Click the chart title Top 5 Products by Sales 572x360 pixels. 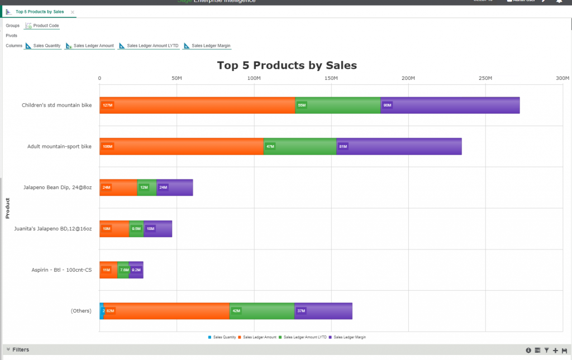(287, 65)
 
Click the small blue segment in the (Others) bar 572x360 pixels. (102, 311)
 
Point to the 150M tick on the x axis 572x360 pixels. (331, 78)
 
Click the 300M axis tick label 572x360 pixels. (562, 78)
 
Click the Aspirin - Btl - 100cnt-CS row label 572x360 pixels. (61, 270)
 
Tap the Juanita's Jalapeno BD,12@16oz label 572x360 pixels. (53, 229)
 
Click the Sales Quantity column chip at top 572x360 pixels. (43, 46)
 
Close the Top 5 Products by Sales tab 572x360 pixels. (73, 12)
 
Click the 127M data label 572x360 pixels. (107, 105)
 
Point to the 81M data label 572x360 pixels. (343, 146)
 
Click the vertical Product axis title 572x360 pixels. (7, 208)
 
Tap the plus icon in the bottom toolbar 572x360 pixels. (555, 351)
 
